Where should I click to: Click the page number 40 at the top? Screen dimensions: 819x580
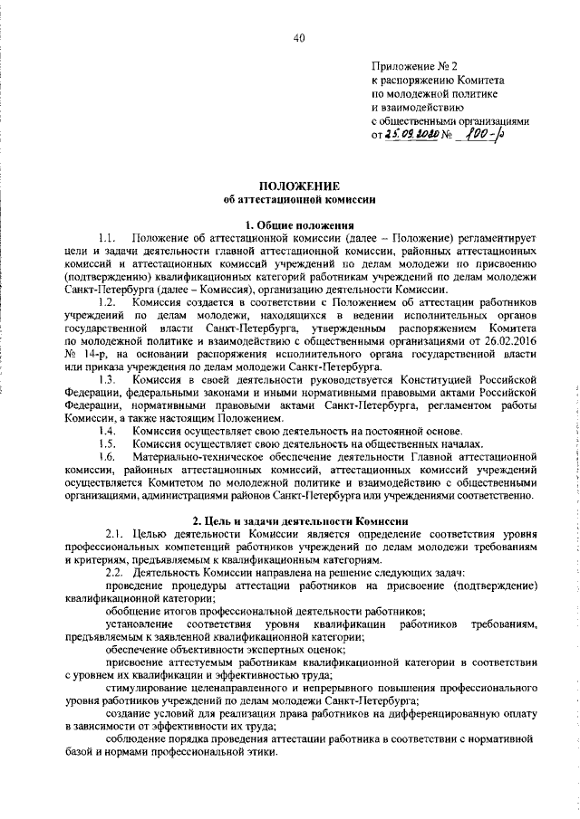(x=299, y=36)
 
